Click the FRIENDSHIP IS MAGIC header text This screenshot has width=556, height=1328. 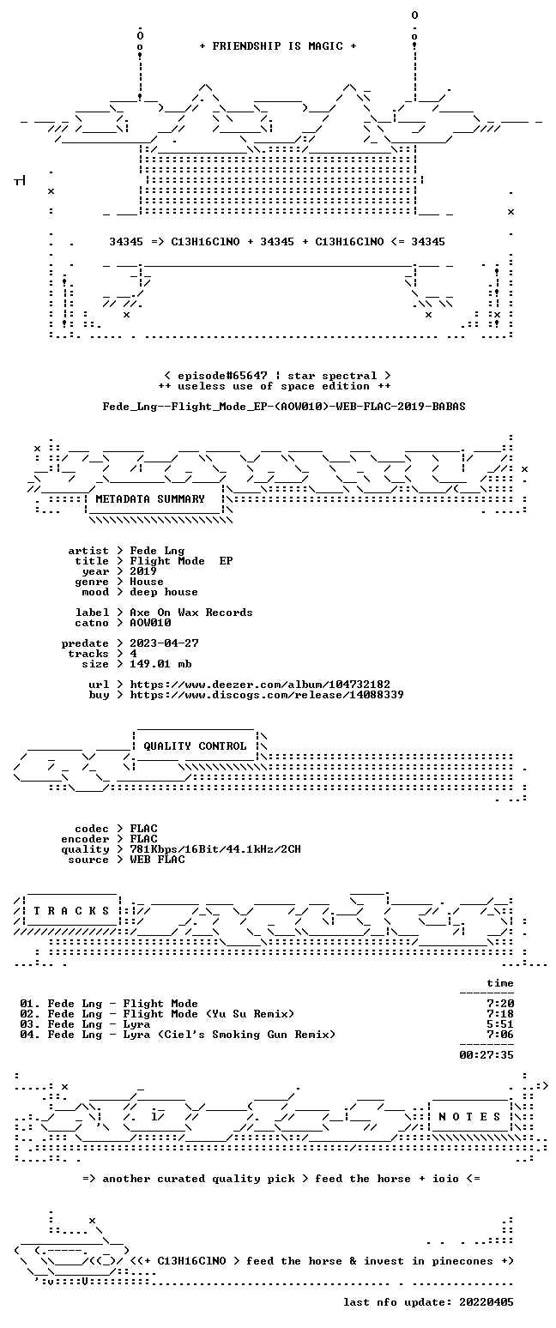(278, 46)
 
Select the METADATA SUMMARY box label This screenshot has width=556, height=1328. (150, 499)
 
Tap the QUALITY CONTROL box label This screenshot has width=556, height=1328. (195, 746)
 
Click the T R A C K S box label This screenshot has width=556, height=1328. (72, 910)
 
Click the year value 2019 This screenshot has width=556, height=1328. (143, 571)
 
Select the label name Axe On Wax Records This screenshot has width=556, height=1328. (190, 613)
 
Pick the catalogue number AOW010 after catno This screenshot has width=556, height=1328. (150, 623)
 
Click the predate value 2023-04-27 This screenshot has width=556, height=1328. (164, 643)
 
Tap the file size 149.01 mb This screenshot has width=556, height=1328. (160, 664)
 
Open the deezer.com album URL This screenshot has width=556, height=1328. (260, 685)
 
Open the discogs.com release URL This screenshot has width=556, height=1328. (267, 695)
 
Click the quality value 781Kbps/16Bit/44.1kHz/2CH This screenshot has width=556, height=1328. (215, 849)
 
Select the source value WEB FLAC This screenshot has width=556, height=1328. (157, 860)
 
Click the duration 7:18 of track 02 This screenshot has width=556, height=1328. (500, 1014)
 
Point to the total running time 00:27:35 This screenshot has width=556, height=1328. (486, 1054)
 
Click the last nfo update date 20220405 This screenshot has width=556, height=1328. (486, 1302)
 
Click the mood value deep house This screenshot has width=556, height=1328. (164, 592)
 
